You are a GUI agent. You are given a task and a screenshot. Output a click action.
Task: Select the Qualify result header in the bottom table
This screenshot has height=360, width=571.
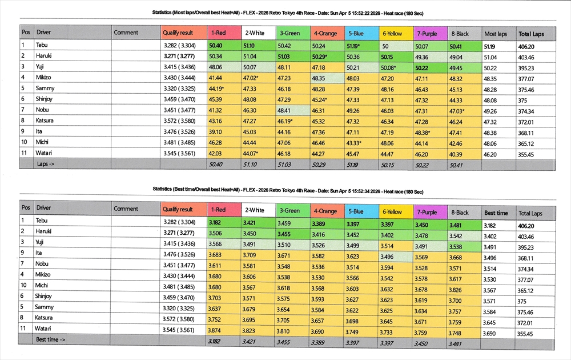pyautogui.click(x=178, y=210)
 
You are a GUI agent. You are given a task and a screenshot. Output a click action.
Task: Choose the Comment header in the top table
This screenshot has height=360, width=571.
pyautogui.click(x=126, y=33)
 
